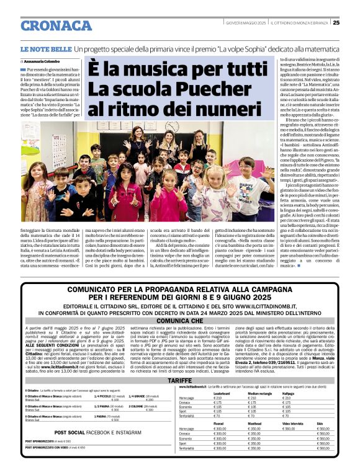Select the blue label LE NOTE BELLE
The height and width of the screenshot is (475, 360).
tap(45, 48)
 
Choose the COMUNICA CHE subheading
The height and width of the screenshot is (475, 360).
tap(179, 321)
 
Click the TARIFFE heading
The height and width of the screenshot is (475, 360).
tap(179, 380)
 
